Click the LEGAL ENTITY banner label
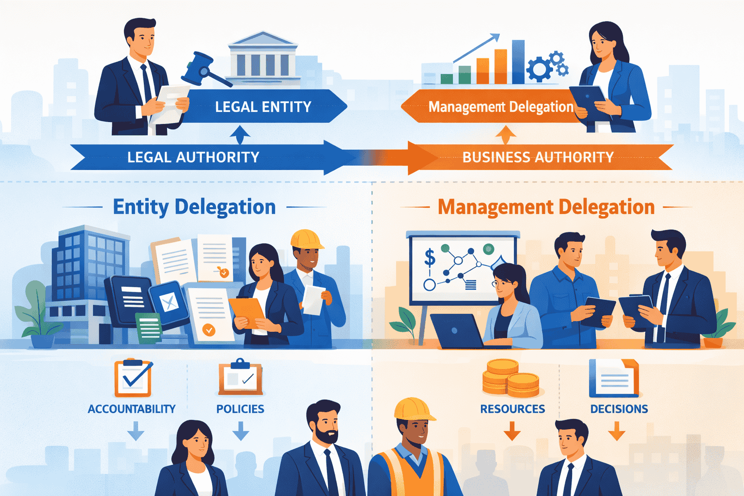click(263, 107)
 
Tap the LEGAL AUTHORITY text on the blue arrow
click(193, 157)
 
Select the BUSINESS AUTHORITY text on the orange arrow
click(538, 157)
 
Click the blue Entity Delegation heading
click(194, 207)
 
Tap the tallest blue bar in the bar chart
click(518, 62)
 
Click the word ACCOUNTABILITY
click(131, 409)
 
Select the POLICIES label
click(240, 409)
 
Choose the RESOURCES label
click(512, 409)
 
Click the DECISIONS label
click(619, 409)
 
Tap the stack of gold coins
click(511, 378)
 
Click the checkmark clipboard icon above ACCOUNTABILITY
click(133, 378)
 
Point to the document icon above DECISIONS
click(614, 378)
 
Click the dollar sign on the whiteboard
click(429, 257)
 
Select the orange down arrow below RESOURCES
click(512, 431)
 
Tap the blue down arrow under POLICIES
click(241, 431)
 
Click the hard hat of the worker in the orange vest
click(413, 409)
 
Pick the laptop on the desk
click(455, 331)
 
